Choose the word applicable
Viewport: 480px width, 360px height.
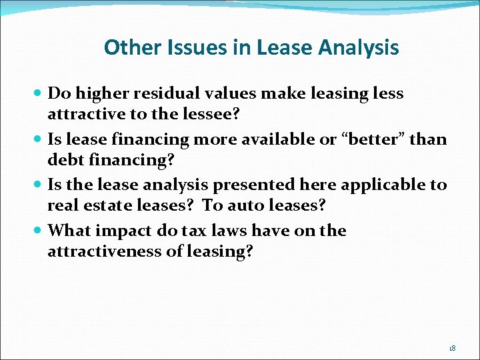pyautogui.click(x=381, y=185)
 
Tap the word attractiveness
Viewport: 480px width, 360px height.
pyautogui.click(x=111, y=251)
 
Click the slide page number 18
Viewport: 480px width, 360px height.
pyautogui.click(x=452, y=348)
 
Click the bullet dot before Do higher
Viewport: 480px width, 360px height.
pyautogui.click(x=39, y=94)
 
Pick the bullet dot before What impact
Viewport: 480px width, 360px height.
pyautogui.click(x=39, y=231)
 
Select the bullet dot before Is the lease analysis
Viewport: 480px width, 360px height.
pyautogui.click(x=39, y=185)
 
